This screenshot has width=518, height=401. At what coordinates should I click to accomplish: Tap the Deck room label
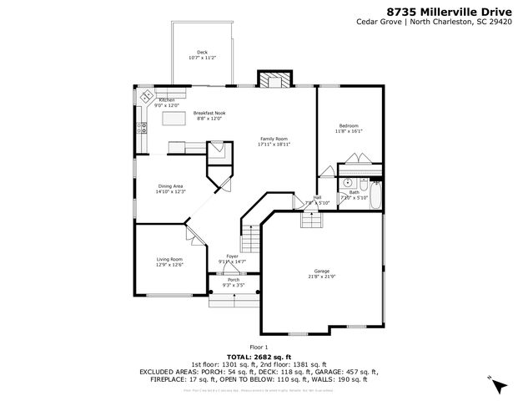[x=202, y=52]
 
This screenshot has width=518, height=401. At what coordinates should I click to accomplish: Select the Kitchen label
[x=167, y=100]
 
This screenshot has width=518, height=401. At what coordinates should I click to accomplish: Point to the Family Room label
[x=274, y=138]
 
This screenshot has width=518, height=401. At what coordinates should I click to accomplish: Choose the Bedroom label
[x=349, y=124]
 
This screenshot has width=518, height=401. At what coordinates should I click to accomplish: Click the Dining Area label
[x=169, y=186]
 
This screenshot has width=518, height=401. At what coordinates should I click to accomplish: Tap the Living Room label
[x=169, y=260]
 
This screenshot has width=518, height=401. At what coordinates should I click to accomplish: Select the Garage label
[x=322, y=271]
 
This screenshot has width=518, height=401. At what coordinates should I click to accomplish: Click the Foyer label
[x=231, y=256]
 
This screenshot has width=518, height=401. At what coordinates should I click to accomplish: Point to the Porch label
[x=234, y=280]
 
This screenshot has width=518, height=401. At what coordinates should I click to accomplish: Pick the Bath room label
[x=355, y=192]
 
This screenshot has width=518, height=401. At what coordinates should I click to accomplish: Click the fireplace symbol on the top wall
[x=274, y=80]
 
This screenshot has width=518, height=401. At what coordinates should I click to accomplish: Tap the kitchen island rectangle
[x=174, y=120]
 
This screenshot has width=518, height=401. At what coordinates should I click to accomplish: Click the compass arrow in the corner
[x=498, y=385]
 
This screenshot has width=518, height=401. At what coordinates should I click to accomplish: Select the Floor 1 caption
[x=259, y=347]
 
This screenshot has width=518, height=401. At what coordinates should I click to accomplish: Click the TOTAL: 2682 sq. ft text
[x=259, y=357]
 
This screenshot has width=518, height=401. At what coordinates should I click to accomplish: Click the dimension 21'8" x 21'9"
[x=322, y=277]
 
